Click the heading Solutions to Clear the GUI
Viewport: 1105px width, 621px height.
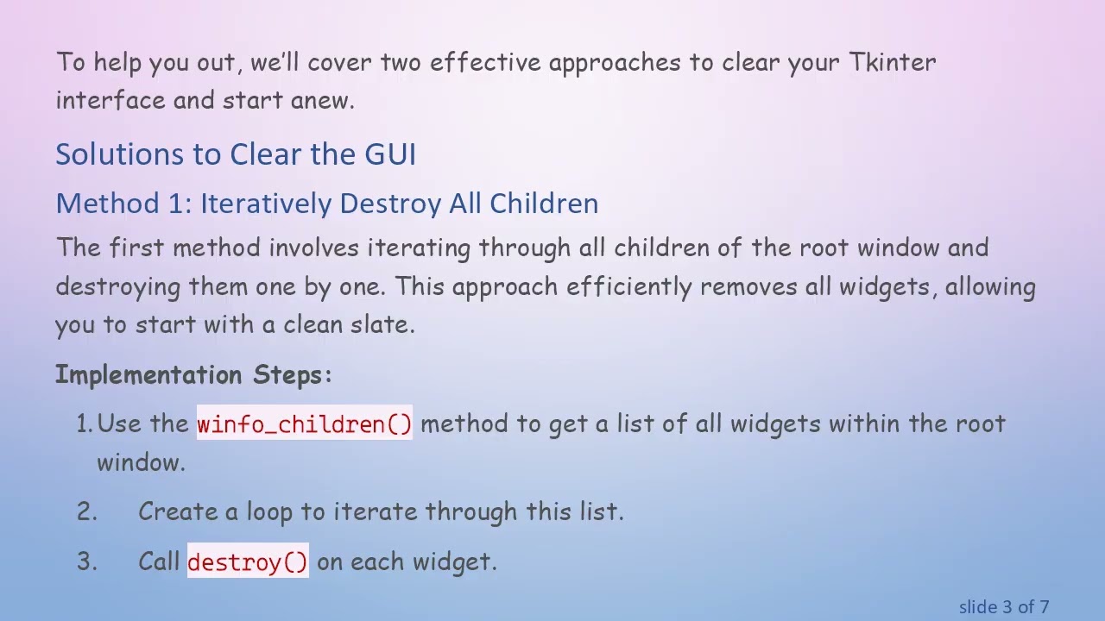click(236, 154)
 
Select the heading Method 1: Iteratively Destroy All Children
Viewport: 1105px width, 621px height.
click(326, 204)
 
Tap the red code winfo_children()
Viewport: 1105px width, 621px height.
click(304, 424)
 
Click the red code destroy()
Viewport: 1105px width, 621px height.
click(247, 562)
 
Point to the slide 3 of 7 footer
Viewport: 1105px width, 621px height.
click(1003, 607)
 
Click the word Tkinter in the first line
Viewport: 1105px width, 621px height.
click(892, 62)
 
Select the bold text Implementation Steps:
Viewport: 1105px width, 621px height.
click(193, 375)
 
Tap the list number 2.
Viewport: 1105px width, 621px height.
click(86, 511)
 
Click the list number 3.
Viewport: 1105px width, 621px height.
click(86, 562)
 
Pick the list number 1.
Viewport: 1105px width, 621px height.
click(84, 424)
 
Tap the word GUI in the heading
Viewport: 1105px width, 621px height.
click(390, 154)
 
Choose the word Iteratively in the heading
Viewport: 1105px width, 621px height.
click(266, 204)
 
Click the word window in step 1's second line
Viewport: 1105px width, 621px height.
click(140, 462)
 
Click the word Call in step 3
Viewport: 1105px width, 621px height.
click(159, 562)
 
